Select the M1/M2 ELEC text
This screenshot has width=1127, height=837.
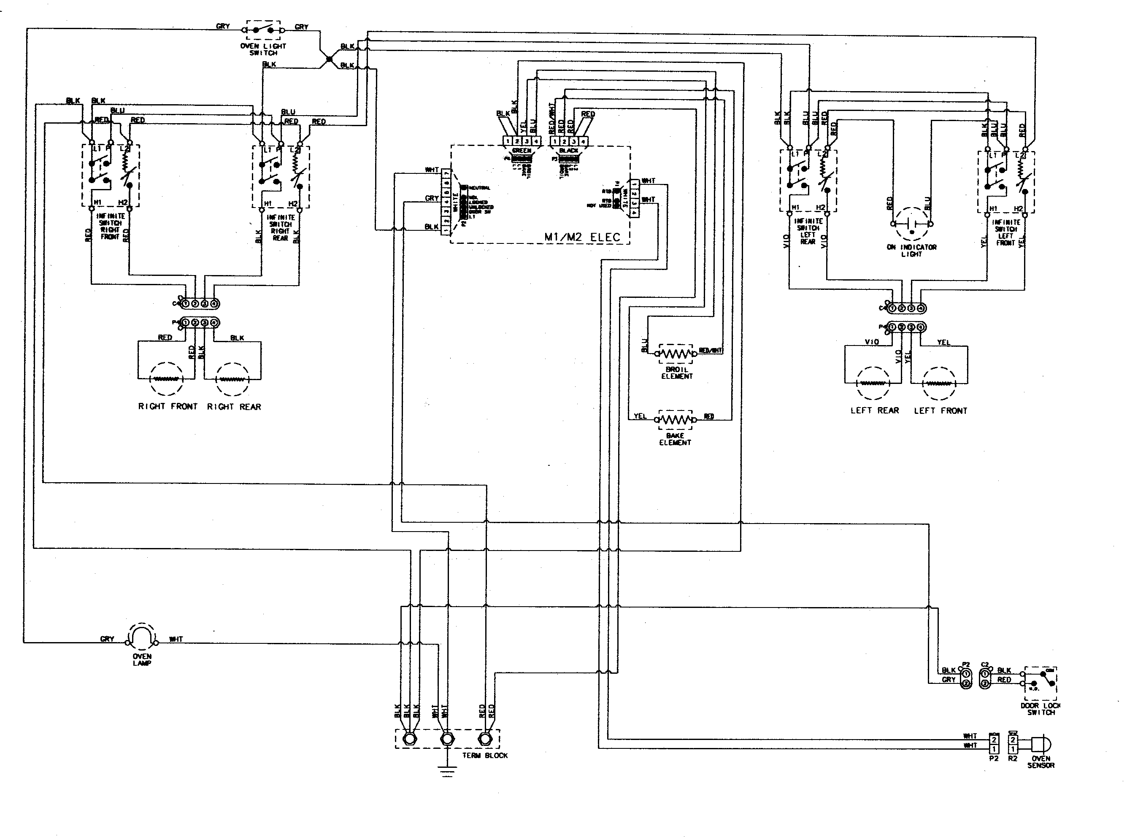[x=582, y=237]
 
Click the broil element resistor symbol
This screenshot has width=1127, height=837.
[x=676, y=353]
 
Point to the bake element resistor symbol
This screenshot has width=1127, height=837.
[x=675, y=419]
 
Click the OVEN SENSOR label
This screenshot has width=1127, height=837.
[x=1041, y=762]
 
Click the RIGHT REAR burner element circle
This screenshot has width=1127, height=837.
[x=233, y=379]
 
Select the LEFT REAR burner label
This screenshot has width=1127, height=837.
[x=874, y=410]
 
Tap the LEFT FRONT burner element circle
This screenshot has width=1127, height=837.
[x=940, y=383]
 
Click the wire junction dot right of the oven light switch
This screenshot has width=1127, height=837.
[x=328, y=59]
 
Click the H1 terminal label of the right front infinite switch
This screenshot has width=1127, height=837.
[x=98, y=202]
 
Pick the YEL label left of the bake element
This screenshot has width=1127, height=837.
[x=640, y=416]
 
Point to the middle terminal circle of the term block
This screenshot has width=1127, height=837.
[x=446, y=739]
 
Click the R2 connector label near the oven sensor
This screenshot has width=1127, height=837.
[x=1013, y=759]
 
